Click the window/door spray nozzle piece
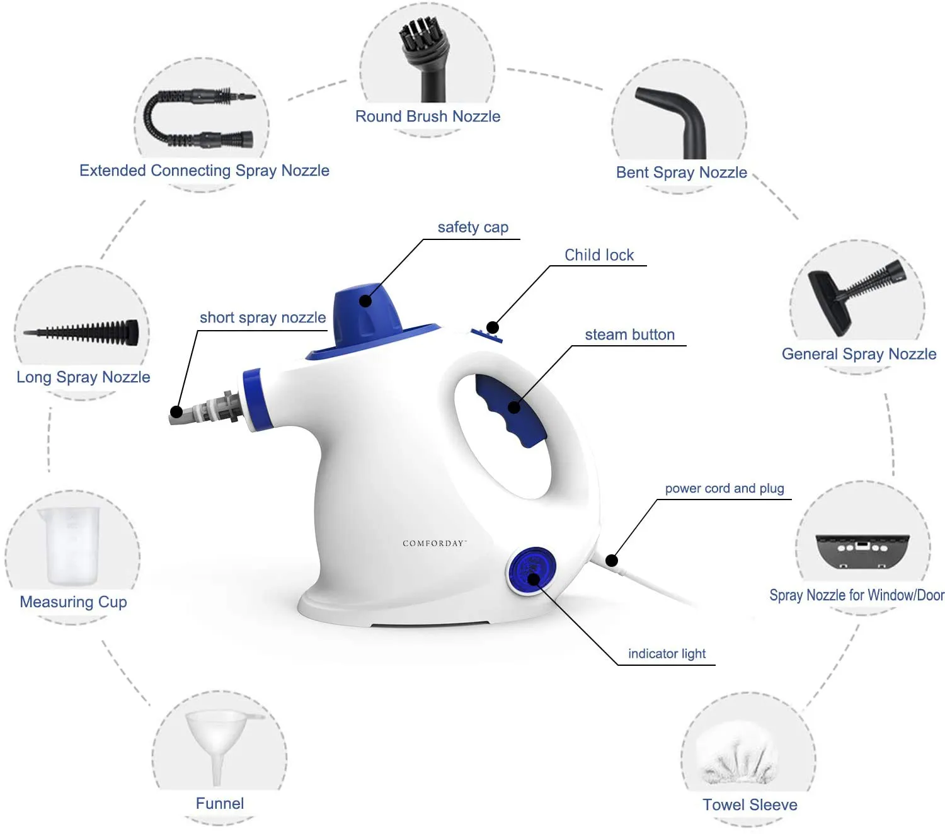click(x=862, y=549)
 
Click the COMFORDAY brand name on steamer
click(x=434, y=543)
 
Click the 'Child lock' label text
click(x=599, y=255)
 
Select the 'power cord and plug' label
click(x=724, y=488)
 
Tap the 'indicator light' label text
click(x=667, y=654)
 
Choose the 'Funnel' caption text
click(x=219, y=803)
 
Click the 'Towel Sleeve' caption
click(x=750, y=804)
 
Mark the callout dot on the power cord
click(x=611, y=560)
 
